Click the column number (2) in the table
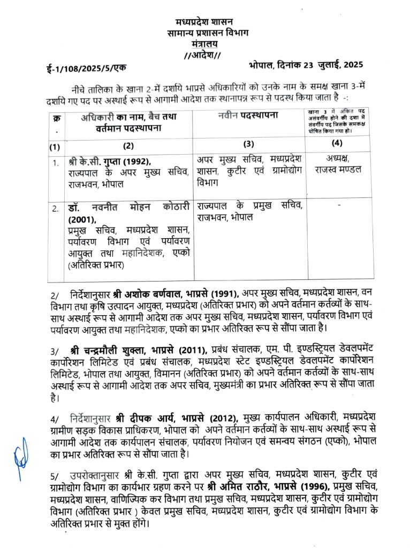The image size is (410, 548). point(128,146)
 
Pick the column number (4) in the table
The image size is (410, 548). point(337,144)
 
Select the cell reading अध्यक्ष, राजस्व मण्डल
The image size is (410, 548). point(337,164)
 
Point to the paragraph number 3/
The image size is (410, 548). point(55,351)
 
